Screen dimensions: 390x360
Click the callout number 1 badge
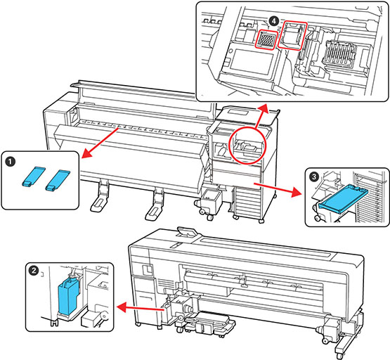[10, 162]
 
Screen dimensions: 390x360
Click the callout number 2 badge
[33, 270]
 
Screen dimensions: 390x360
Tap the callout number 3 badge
[313, 176]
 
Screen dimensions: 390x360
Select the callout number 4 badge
[273, 21]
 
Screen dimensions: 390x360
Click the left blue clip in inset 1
[33, 176]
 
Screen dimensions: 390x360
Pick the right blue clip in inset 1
[58, 180]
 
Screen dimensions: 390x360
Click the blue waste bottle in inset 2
[68, 296]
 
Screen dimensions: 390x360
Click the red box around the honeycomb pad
[266, 39]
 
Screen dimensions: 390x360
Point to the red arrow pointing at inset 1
[100, 143]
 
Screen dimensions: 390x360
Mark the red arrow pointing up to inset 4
[261, 116]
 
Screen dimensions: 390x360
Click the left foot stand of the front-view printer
[100, 197]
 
